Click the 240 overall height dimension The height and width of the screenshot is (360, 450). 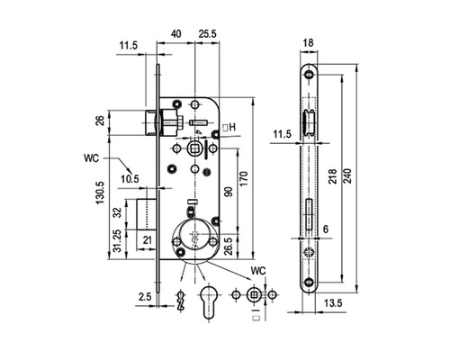pyautogui.click(x=347, y=176)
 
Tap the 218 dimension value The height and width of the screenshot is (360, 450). pyautogui.click(x=333, y=176)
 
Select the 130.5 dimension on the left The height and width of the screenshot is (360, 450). pyautogui.click(x=100, y=193)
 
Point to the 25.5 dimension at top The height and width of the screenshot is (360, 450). pyautogui.click(x=207, y=33)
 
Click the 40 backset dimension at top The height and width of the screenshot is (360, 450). pyautogui.click(x=176, y=33)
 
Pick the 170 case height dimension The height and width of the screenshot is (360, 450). pyautogui.click(x=244, y=178)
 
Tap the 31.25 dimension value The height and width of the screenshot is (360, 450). pyautogui.click(x=118, y=240)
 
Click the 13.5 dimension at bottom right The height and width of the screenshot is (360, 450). pyautogui.click(x=333, y=303)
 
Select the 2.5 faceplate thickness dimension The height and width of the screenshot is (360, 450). pyautogui.click(x=145, y=297)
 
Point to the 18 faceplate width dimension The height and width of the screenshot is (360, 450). pyautogui.click(x=308, y=43)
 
